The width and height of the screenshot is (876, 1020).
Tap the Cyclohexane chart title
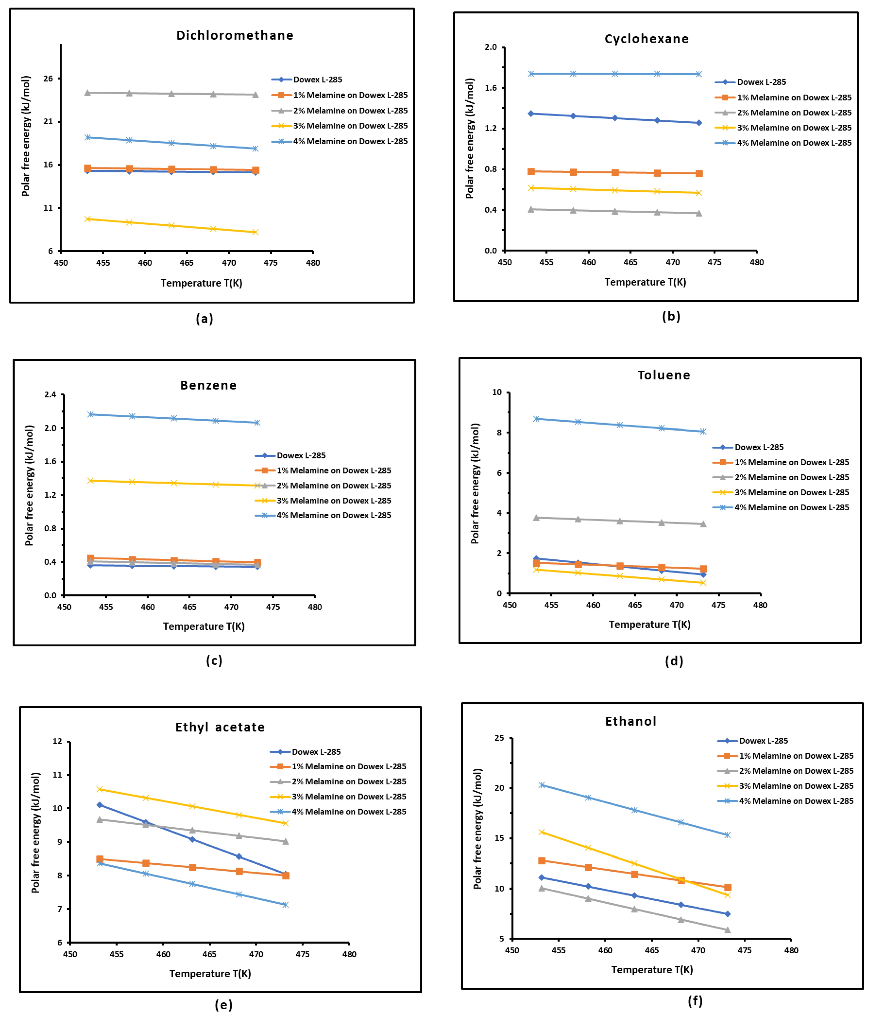(x=646, y=39)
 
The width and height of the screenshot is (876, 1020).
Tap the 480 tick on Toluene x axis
(x=760, y=605)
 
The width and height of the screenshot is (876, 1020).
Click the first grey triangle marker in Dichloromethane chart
(x=88, y=92)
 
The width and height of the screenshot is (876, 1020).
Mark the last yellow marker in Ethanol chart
(x=728, y=895)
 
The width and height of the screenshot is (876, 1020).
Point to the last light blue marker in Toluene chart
(x=703, y=432)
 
